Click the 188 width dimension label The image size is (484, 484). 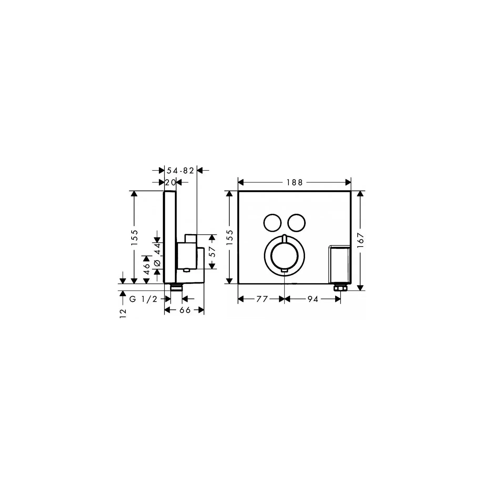coord(295,182)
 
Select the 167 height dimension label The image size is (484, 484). coord(360,240)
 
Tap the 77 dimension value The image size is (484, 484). coord(262,299)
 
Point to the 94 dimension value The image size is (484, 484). coord(313,299)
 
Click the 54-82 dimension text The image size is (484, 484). coord(180,171)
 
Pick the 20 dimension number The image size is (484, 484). coord(170,182)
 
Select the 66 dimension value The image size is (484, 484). coord(185,310)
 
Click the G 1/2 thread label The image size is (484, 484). coord(143,299)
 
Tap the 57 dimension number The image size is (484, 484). coord(213,252)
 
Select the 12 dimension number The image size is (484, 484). coord(123,314)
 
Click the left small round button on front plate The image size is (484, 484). coord(272,223)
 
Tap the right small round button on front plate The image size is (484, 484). coord(296,223)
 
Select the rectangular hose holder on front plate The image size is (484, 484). coord(339,265)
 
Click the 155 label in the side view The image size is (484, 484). coord(134,238)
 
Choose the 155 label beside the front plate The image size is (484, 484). coord(230,238)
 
